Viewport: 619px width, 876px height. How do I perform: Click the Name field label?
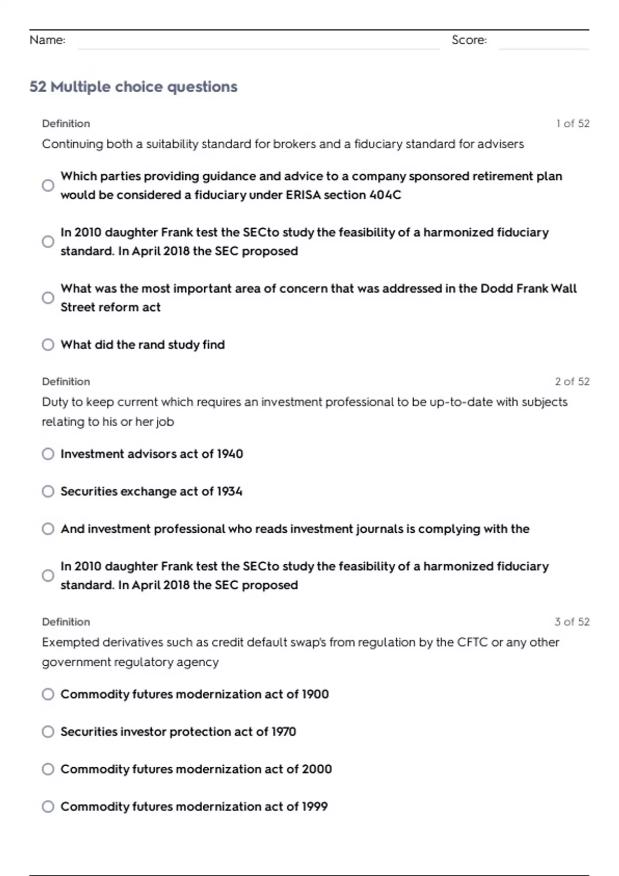47,40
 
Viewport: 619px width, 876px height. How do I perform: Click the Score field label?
469,40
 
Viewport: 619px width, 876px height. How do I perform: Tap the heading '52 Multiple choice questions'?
133,87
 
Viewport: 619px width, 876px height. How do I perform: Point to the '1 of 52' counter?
573,123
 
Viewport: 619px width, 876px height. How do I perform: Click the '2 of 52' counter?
572,381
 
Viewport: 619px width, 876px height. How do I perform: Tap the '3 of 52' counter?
572,621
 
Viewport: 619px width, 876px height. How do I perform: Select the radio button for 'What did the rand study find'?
48,344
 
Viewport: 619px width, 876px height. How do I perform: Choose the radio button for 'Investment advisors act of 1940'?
48,453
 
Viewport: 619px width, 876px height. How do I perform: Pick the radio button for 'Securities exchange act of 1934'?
48,491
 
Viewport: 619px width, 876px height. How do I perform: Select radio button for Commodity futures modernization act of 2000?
48,769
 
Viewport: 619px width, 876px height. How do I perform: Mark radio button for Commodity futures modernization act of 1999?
48,806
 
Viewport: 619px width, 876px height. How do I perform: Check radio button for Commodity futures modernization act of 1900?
48,694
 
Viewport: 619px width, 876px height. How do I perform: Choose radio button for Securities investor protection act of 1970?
48,732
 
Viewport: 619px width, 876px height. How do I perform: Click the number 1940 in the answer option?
230,453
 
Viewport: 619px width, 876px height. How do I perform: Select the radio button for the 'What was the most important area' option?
48,298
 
